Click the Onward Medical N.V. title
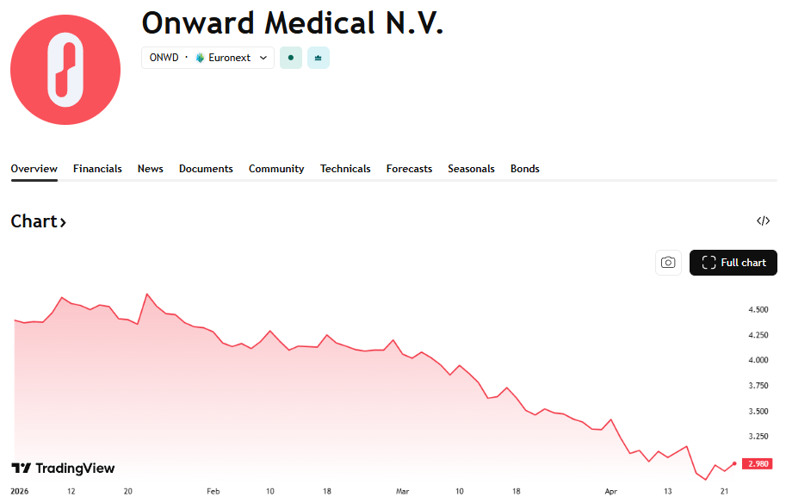292,23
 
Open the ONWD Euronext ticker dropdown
207,58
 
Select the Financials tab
97,169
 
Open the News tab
150,169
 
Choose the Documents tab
206,169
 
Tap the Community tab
276,169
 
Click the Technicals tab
345,169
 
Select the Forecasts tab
409,169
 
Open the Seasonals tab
471,169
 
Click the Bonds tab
524,169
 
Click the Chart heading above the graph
38,221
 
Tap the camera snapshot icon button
668,263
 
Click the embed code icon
763,221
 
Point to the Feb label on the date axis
214,491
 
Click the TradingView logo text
63,469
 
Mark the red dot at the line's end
734,463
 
